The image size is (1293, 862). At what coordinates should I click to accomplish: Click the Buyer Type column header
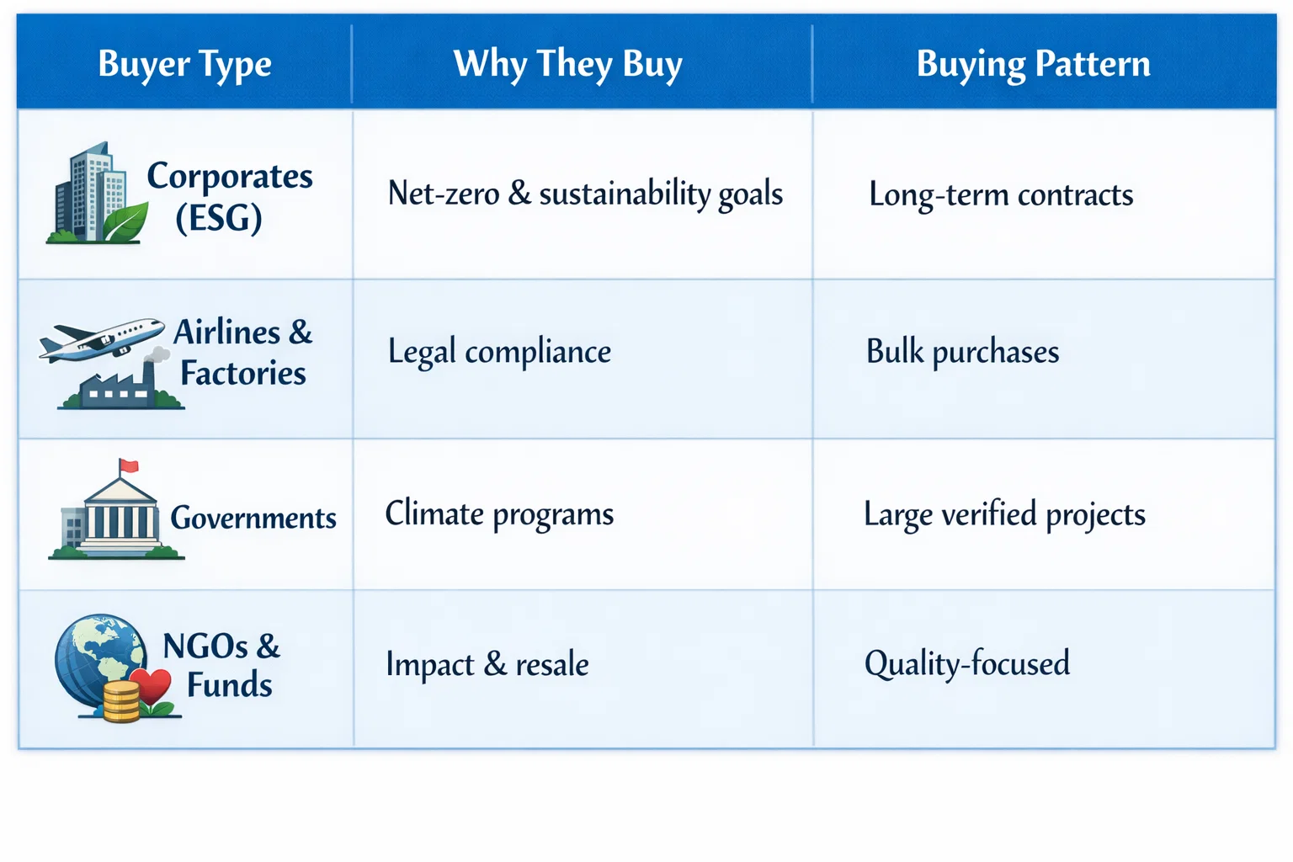pyautogui.click(x=184, y=64)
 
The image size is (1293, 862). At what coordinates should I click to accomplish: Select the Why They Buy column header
pyautogui.click(x=567, y=64)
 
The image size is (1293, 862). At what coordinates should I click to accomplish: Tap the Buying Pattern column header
pyautogui.click(x=1033, y=64)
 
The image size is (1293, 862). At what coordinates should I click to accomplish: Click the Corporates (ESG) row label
pyautogui.click(x=229, y=196)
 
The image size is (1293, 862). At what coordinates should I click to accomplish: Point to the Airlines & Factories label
pyautogui.click(x=242, y=352)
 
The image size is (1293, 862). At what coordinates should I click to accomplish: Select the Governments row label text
pyautogui.click(x=253, y=518)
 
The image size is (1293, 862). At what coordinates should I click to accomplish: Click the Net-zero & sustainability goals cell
pyautogui.click(x=585, y=194)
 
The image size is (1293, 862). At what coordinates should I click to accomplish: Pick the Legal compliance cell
pyautogui.click(x=499, y=352)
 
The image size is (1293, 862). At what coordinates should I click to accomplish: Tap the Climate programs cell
pyautogui.click(x=499, y=514)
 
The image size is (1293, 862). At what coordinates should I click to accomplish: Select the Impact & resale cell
pyautogui.click(x=487, y=664)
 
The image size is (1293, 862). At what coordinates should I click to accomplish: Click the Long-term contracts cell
pyautogui.click(x=1001, y=194)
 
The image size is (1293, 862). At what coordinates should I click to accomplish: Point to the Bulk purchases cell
pyautogui.click(x=962, y=352)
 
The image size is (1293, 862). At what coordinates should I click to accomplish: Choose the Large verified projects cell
pyautogui.click(x=1004, y=514)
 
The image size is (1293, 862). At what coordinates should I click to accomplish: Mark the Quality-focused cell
pyautogui.click(x=967, y=663)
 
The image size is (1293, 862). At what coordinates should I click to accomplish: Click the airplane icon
pyautogui.click(x=101, y=339)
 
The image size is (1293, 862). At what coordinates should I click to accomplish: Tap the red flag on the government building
pyautogui.click(x=129, y=466)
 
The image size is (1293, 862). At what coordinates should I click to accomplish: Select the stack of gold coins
pyautogui.click(x=121, y=701)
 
